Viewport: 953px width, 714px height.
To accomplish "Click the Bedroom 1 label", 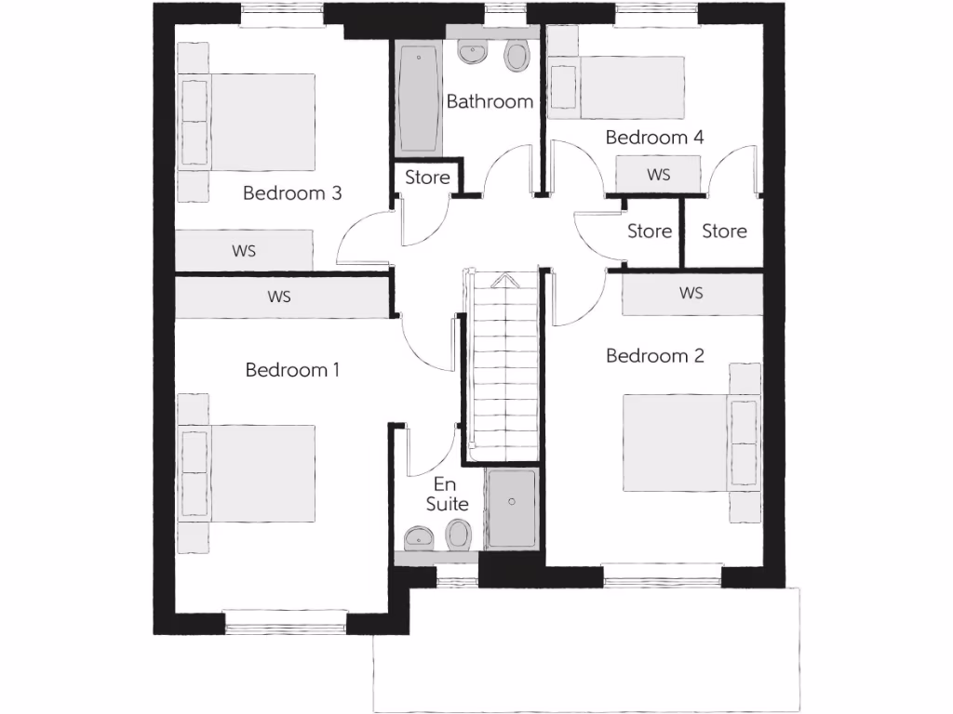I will pyautogui.click(x=292, y=370).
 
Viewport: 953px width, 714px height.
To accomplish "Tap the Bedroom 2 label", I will pyautogui.click(x=655, y=355).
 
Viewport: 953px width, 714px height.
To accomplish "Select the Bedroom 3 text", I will pyautogui.click(x=292, y=193).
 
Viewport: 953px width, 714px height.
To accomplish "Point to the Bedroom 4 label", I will pyautogui.click(x=654, y=138).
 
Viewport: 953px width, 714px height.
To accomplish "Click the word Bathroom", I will pyautogui.click(x=490, y=101).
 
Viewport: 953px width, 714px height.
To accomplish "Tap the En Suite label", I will pyautogui.click(x=447, y=495).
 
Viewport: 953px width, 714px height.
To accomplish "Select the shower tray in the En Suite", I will pyautogui.click(x=511, y=509).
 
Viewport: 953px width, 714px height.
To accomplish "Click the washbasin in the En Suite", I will pyautogui.click(x=420, y=536).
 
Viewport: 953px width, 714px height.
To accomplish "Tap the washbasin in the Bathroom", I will pyautogui.click(x=474, y=54).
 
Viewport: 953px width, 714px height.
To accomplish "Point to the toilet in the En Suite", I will pyautogui.click(x=458, y=535).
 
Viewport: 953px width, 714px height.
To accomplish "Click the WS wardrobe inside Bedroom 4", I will pyautogui.click(x=658, y=174).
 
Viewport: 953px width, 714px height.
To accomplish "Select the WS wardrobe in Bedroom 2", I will pyautogui.click(x=691, y=293).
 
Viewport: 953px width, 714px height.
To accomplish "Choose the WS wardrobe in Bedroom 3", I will pyautogui.click(x=245, y=251).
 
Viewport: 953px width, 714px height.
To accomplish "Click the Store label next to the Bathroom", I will pyautogui.click(x=427, y=177).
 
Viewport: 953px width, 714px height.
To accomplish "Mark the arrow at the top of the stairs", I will pyautogui.click(x=503, y=279).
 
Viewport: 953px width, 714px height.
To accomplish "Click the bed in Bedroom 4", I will pyautogui.click(x=618, y=87).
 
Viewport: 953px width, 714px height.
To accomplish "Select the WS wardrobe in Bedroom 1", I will pyautogui.click(x=280, y=297).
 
